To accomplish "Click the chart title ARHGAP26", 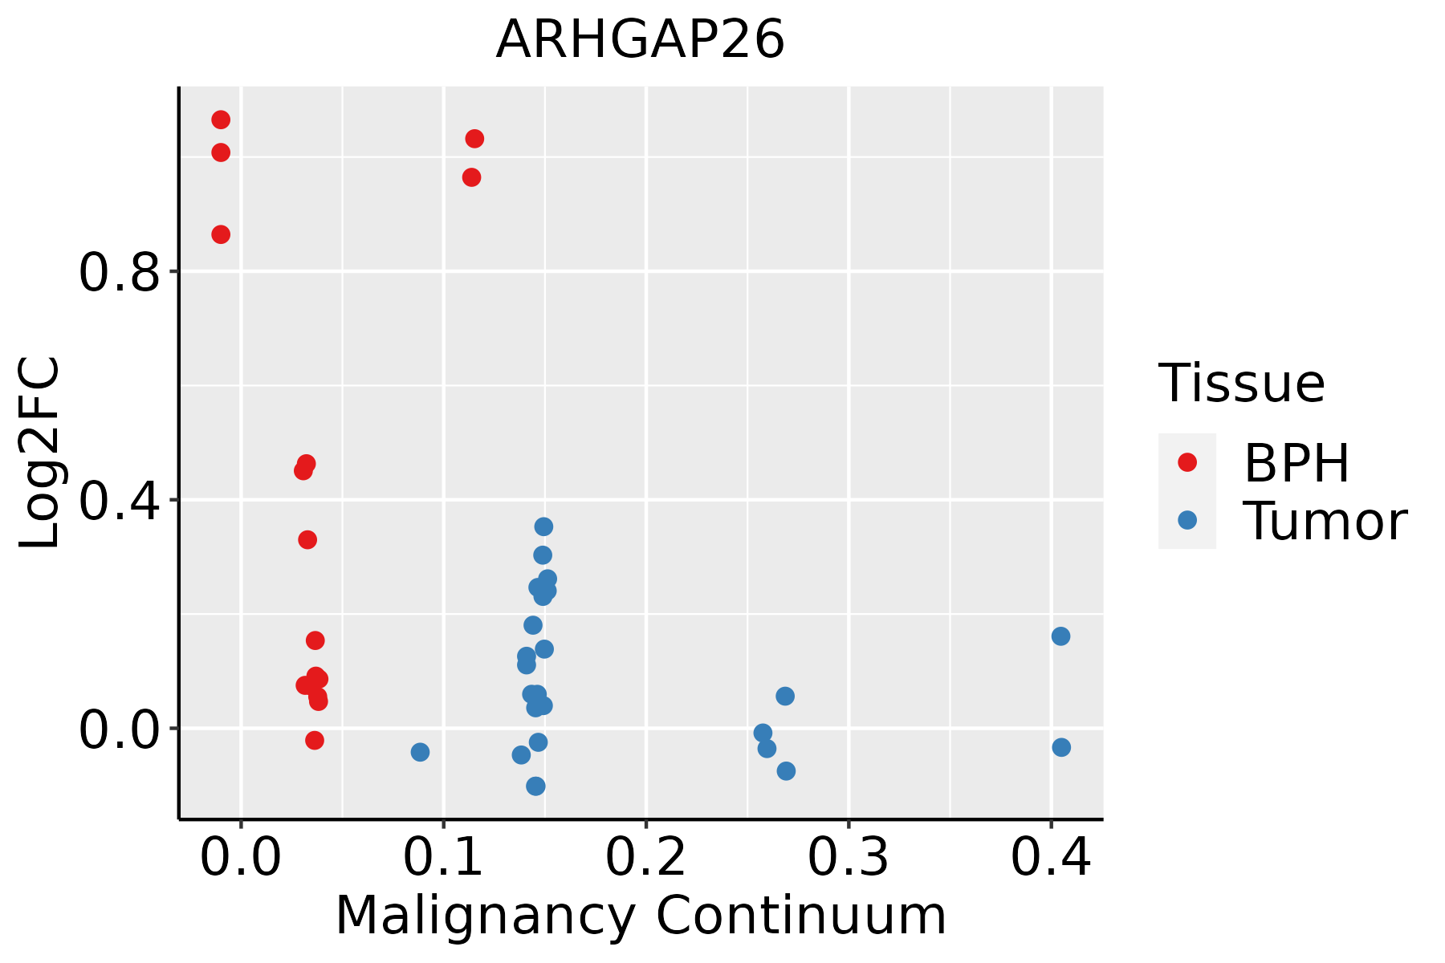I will pos(640,40).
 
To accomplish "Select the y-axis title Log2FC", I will pos(40,453).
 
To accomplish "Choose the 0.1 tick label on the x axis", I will pos(443,858).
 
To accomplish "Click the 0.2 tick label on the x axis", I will pos(645,858).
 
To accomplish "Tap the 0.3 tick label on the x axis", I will pos(848,858).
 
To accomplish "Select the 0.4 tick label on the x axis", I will pos(1050,858).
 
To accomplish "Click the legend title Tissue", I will pos(1242,384).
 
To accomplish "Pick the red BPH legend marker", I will pos(1187,462).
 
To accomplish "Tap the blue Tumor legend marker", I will pos(1187,520).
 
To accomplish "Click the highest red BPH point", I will pos(221,120).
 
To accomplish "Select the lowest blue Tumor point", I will pos(535,786).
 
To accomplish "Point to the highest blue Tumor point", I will pos(543,526).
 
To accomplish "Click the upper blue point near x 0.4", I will pos(1060,636).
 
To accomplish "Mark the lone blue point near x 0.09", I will pos(420,752).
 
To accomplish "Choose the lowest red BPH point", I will pos(315,740).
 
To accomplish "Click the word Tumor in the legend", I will pos(1325,522).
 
